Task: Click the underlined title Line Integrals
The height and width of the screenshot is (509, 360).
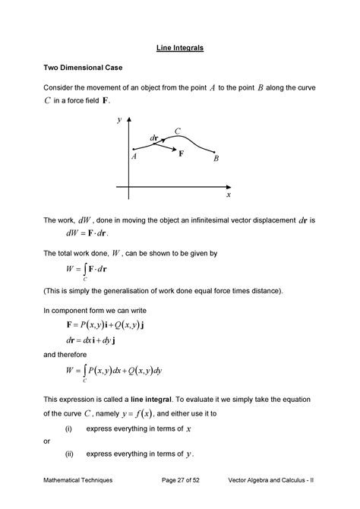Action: click(x=179, y=48)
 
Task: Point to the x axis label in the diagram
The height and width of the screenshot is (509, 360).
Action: click(x=227, y=194)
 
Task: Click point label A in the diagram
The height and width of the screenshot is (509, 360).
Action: click(x=134, y=156)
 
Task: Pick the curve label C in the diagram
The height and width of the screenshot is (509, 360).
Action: click(x=177, y=132)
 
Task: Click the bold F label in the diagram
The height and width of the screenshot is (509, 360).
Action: click(x=182, y=153)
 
